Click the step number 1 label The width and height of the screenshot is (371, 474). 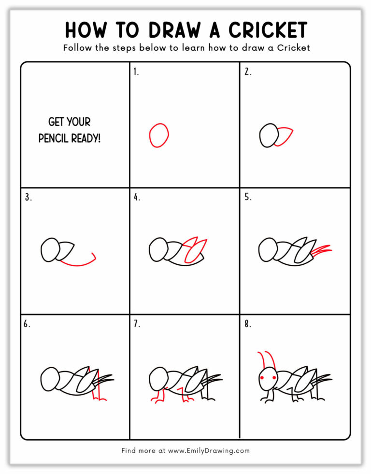coord(136,72)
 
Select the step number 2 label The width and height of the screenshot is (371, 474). coord(247,72)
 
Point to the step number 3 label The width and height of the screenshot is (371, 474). coord(28,197)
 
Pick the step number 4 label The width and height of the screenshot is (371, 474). coord(137,197)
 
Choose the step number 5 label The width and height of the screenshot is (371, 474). coord(247,197)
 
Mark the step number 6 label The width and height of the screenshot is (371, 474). coord(27,324)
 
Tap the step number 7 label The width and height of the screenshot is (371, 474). coord(137,324)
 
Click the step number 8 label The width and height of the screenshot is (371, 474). coord(247,324)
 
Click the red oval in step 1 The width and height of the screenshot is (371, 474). coord(159,135)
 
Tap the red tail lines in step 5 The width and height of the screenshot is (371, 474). coord(323,250)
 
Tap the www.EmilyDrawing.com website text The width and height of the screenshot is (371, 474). coord(209,451)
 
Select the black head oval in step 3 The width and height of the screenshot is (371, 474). coord(50,250)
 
